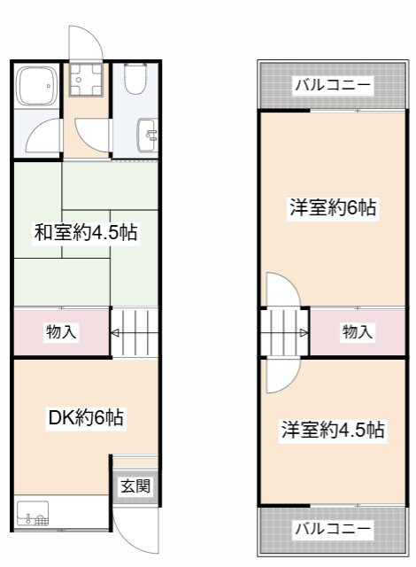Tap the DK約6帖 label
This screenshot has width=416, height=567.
[x=85, y=417]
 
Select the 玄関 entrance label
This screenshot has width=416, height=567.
[x=135, y=485]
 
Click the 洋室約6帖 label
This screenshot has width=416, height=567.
[x=333, y=208]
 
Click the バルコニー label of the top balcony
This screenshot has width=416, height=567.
[x=333, y=86]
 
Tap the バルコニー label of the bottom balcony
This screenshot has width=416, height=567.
[x=333, y=528]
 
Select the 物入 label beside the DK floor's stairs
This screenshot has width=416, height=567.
[x=61, y=332]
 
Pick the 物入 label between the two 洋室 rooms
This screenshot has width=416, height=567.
[x=357, y=332]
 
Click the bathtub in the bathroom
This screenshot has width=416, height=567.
[x=36, y=88]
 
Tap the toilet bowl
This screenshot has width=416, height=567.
[x=136, y=80]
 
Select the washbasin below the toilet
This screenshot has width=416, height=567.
[x=147, y=136]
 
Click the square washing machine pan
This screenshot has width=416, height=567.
[x=87, y=82]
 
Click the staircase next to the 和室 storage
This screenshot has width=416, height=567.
[x=135, y=332]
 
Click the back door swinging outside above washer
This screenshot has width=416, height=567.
[x=86, y=43]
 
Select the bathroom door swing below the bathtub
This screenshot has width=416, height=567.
[x=44, y=139]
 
